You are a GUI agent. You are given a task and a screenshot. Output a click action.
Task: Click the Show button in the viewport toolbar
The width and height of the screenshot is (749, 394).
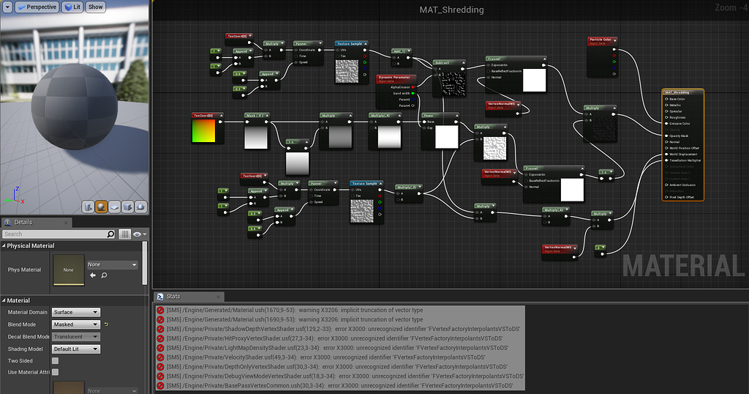point(96,7)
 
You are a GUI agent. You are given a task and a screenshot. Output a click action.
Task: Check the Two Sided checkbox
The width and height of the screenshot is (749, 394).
point(55,361)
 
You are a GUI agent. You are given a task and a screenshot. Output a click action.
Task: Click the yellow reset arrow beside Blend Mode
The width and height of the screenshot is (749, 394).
point(107,324)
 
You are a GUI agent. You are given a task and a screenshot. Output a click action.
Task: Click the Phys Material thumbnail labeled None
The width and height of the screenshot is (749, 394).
point(68,269)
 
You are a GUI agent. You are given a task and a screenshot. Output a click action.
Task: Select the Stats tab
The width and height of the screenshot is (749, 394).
point(173,297)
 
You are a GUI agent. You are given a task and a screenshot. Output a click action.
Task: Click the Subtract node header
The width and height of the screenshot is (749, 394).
point(442,63)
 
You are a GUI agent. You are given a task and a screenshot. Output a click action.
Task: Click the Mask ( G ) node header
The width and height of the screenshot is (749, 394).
point(255,116)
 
